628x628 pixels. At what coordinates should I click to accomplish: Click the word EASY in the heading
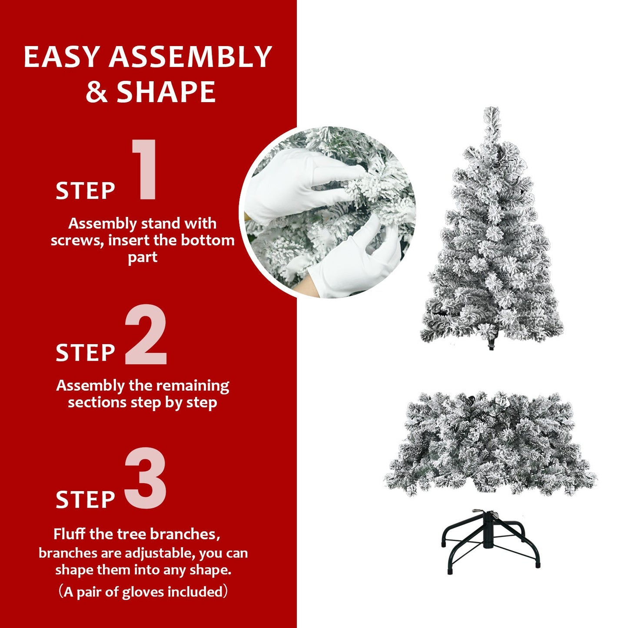click(x=62, y=57)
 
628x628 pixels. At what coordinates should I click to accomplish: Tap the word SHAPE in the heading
click(x=166, y=92)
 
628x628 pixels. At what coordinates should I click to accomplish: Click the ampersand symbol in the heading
click(x=96, y=92)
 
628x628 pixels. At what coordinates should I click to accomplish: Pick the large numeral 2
click(x=146, y=335)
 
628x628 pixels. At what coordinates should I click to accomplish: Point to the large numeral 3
click(x=146, y=479)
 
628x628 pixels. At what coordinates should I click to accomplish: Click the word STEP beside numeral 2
click(x=85, y=353)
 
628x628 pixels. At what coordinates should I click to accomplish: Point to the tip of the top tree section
click(x=492, y=111)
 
